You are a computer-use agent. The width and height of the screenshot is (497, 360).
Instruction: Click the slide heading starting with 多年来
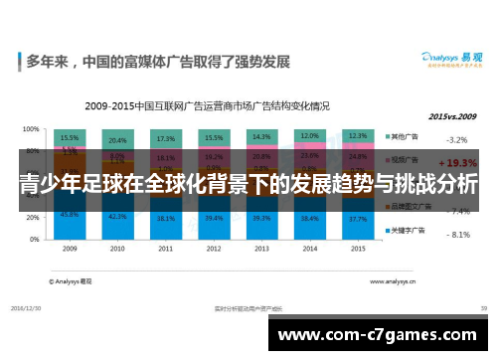(158, 62)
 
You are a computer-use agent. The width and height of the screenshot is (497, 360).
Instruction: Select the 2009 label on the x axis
(70, 249)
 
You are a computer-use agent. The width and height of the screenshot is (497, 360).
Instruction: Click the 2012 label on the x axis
(213, 249)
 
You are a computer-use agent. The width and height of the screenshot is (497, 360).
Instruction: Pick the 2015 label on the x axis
(358, 249)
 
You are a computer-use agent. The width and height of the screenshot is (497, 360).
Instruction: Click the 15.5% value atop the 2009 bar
(70, 138)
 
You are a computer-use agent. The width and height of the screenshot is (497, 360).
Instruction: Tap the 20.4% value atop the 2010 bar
(117, 140)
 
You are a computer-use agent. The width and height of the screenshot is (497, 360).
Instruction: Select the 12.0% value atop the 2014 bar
(309, 136)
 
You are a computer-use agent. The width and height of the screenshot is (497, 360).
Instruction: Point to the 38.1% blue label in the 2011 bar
(165, 219)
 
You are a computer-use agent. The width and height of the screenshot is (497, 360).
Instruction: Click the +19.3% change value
(456, 161)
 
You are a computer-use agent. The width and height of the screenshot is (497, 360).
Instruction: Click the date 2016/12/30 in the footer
(33, 309)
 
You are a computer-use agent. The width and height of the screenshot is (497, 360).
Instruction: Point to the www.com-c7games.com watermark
(379, 335)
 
